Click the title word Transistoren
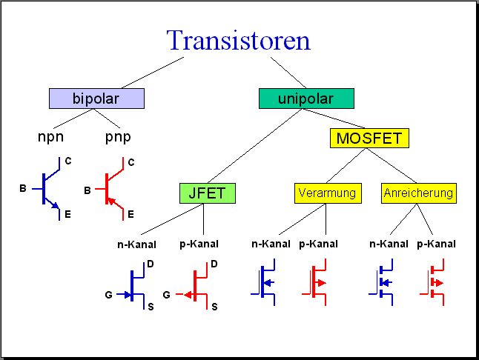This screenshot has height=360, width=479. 239,40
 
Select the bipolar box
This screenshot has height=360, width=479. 96,99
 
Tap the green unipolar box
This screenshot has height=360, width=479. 306,99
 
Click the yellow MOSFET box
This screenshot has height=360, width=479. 369,139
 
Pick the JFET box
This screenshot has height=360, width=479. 208,193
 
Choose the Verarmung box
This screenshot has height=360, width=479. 328,193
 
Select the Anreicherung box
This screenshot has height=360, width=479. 418,193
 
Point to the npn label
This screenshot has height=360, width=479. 50,137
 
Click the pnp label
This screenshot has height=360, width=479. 118,137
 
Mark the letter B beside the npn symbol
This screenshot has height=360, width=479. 23,188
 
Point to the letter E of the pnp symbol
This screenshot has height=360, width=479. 131,215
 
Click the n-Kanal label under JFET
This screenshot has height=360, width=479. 136,244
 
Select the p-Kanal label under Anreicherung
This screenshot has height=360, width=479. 436,244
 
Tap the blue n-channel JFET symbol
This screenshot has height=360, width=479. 132,286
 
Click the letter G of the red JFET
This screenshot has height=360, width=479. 167,295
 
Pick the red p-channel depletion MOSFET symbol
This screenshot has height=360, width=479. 314,282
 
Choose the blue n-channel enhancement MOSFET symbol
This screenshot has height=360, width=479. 381,282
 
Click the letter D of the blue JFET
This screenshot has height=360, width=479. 151,264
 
